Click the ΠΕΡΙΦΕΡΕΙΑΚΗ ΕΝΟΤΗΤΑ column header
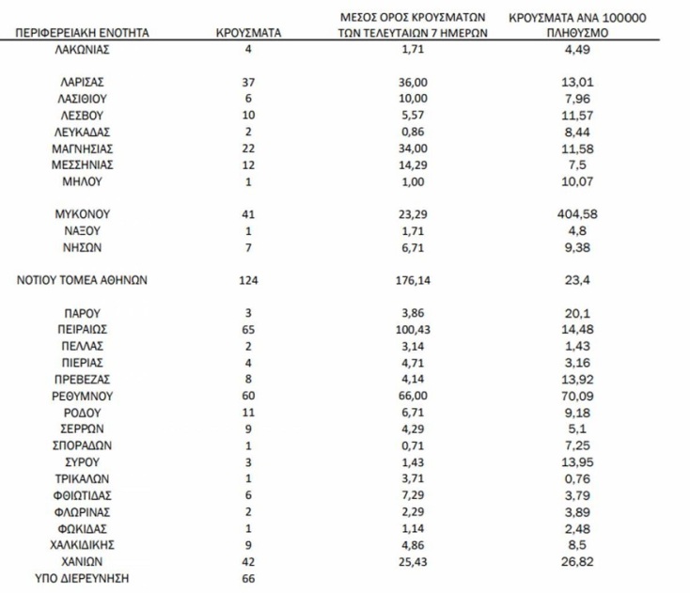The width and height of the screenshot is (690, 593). coord(82,33)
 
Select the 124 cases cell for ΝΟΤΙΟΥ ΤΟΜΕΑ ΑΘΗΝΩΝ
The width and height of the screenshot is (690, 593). coord(248,280)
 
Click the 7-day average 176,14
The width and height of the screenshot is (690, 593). coord(408,280)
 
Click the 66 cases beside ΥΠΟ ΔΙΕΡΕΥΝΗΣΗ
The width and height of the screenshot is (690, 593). coord(248,578)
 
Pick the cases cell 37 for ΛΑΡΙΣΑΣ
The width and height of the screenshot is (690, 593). coord(248,82)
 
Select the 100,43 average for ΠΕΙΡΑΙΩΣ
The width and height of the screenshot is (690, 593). coord(408,330)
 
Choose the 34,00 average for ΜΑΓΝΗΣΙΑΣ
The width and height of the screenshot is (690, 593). coord(408,148)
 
